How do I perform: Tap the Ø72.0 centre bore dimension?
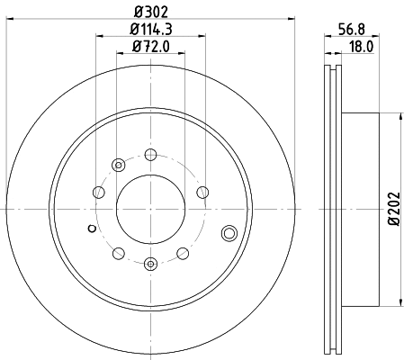coord(150,48)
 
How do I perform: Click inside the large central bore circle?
coord(150,210)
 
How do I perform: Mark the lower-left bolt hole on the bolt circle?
coord(118,253)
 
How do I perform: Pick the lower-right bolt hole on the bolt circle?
coord(183,253)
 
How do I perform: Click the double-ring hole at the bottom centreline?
coord(150,263)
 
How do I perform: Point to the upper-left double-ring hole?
coord(119,166)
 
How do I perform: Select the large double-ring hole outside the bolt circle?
coord(229,235)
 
